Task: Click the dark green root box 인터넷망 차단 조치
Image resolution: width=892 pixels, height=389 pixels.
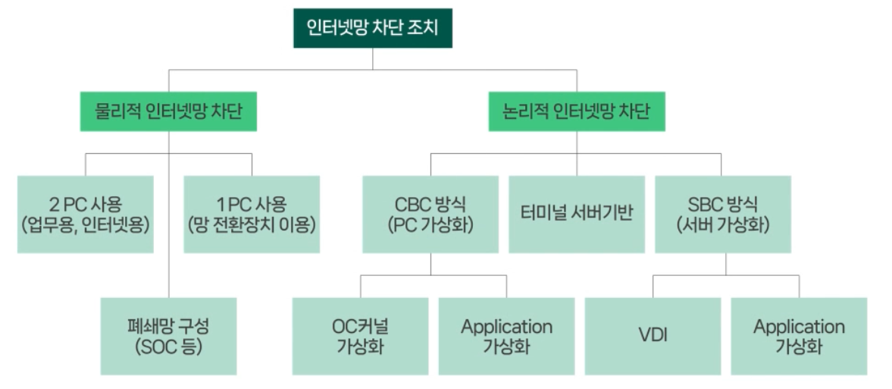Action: pyautogui.click(x=372, y=29)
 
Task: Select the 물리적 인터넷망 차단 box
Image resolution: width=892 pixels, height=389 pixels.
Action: pyautogui.click(x=168, y=112)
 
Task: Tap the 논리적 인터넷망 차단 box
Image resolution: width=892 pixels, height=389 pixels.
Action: pyautogui.click(x=576, y=112)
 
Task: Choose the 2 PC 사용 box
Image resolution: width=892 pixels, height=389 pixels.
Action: pyautogui.click(x=85, y=214)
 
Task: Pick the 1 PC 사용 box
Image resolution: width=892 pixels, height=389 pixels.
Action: pyautogui.click(x=252, y=214)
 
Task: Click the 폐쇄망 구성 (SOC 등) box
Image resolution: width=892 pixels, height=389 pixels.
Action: pyautogui.click(x=168, y=336)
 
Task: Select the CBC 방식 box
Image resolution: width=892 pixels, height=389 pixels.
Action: pyautogui.click(x=430, y=214)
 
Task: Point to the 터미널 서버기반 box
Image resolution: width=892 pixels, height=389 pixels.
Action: pyautogui.click(x=576, y=214)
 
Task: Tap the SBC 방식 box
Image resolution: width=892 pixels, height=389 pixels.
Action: pyautogui.click(x=722, y=214)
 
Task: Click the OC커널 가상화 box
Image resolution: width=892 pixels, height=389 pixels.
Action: pyautogui.click(x=360, y=336)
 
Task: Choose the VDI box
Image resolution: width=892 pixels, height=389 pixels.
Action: pyautogui.click(x=653, y=336)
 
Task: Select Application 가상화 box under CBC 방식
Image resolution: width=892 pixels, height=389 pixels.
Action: pyautogui.click(x=506, y=336)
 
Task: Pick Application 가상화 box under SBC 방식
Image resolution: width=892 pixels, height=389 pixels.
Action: pyautogui.click(x=799, y=336)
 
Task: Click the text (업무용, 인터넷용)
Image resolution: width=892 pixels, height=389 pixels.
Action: pyautogui.click(x=85, y=224)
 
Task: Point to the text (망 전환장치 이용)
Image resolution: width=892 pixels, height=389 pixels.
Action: pyautogui.click(x=252, y=224)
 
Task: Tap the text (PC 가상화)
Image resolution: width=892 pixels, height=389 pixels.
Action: pyautogui.click(x=430, y=224)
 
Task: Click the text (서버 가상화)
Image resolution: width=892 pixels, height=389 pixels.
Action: pyautogui.click(x=722, y=224)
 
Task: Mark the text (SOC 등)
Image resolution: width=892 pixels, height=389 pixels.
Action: pyautogui.click(x=168, y=347)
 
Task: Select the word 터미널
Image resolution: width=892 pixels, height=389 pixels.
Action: pyautogui.click(x=544, y=214)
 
